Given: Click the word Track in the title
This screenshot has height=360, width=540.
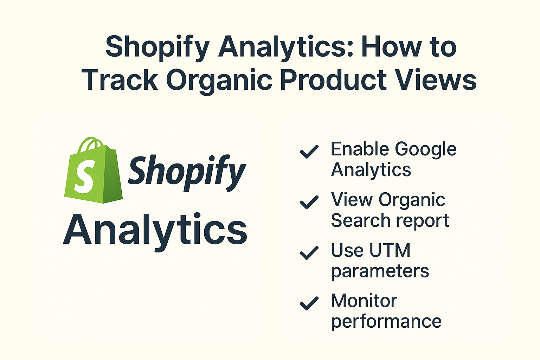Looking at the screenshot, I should pyautogui.click(x=120, y=80).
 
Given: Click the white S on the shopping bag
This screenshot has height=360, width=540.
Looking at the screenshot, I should pyautogui.click(x=84, y=176).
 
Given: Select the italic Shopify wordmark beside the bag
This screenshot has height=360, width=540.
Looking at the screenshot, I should pyautogui.click(x=186, y=172).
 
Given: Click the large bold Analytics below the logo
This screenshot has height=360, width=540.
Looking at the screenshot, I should pyautogui.click(x=155, y=230).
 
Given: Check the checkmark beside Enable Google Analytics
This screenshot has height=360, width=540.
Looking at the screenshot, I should pyautogui.click(x=309, y=152).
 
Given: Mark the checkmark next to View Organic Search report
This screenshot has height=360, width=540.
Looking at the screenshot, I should pyautogui.click(x=309, y=202).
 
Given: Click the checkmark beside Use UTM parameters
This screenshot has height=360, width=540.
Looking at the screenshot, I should pyautogui.click(x=309, y=253).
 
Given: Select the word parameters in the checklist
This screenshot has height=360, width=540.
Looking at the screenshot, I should pyautogui.click(x=380, y=271).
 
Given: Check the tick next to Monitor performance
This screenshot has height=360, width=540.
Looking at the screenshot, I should pyautogui.click(x=309, y=303).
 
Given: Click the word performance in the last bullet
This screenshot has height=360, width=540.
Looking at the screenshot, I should pyautogui.click(x=386, y=322).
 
